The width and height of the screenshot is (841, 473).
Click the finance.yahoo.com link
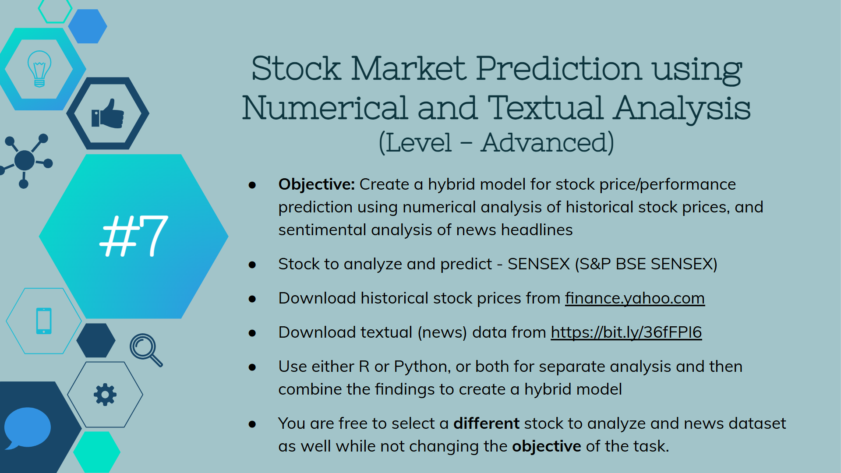point(635,299)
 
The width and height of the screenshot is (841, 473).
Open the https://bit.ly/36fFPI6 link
point(626,332)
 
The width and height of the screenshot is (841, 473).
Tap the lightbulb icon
point(39,69)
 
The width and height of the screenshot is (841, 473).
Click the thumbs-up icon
point(108,113)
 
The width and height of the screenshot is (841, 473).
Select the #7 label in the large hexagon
point(134,236)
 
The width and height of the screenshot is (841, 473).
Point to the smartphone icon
point(44,321)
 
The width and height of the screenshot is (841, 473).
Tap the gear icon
point(105,395)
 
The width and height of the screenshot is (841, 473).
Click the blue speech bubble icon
point(27,428)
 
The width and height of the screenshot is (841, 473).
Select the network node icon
point(25,161)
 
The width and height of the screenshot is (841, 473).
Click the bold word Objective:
point(316,185)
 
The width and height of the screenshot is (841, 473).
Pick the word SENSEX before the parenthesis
point(538,264)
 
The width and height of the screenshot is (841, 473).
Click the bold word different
point(486,424)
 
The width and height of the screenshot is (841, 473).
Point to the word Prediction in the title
point(559,69)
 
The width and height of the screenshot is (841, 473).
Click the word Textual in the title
point(545,108)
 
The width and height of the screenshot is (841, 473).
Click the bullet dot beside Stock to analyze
point(252,265)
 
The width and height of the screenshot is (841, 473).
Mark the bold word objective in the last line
point(546,447)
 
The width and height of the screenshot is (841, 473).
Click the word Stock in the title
point(296,69)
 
